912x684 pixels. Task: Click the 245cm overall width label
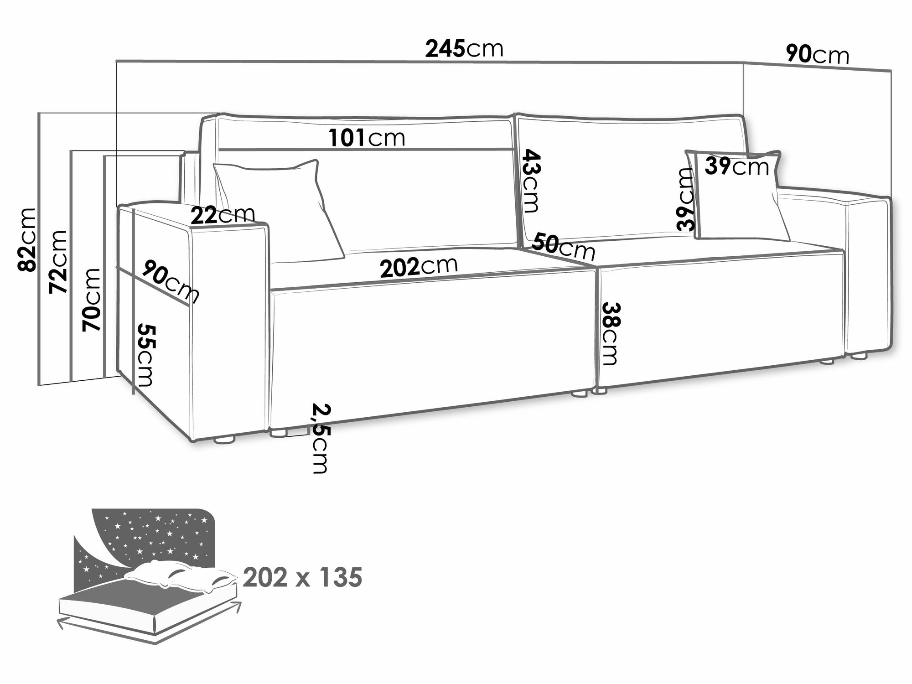click(x=464, y=48)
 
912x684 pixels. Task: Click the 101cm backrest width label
click(x=367, y=138)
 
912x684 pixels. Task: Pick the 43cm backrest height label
click(x=529, y=181)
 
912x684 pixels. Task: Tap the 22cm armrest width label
click(x=223, y=215)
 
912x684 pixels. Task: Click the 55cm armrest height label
click(x=145, y=355)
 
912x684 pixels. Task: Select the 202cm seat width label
click(x=419, y=268)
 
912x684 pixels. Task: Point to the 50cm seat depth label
click(x=563, y=247)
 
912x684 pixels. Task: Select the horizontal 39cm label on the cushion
click(x=737, y=166)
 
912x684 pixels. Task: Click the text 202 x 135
click(x=303, y=578)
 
